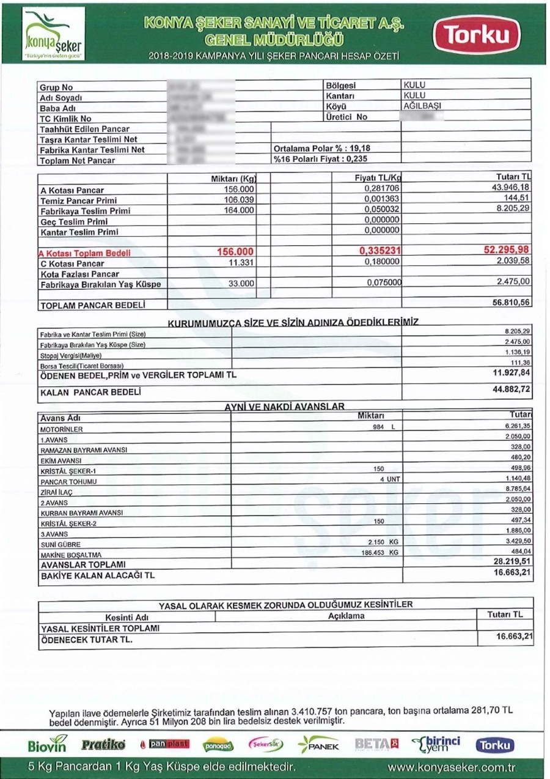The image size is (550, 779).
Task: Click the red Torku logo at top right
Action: click(477, 35)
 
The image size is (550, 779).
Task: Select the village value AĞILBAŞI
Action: click(422, 105)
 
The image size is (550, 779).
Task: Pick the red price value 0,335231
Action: click(380, 251)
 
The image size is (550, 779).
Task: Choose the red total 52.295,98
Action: click(507, 251)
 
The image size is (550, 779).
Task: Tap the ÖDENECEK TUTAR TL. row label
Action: click(86, 640)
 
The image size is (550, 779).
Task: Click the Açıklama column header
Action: click(346, 616)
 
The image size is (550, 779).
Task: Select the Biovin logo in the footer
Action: click(46, 745)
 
